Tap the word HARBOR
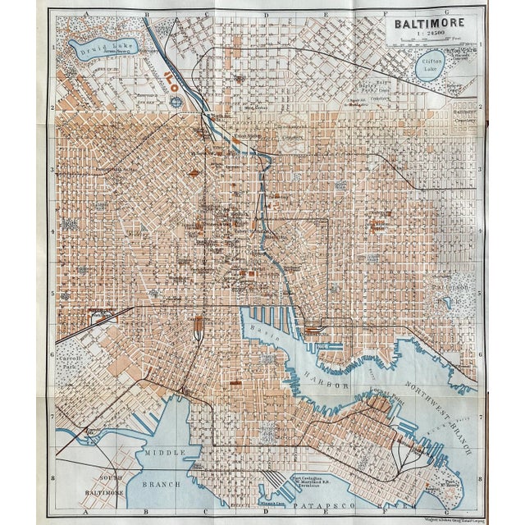[335, 382]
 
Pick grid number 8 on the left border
[53, 477]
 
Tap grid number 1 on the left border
[53, 47]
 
